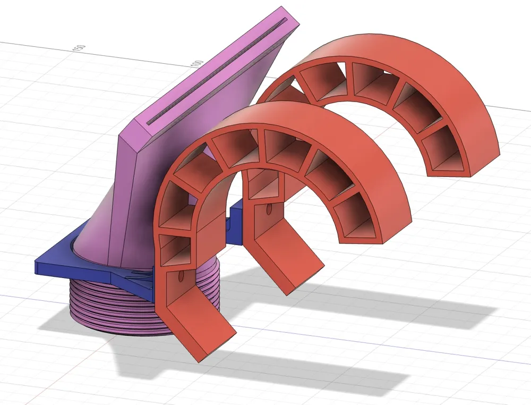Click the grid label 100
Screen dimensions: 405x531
(197, 63)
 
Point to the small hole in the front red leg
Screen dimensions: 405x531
(181, 277)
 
